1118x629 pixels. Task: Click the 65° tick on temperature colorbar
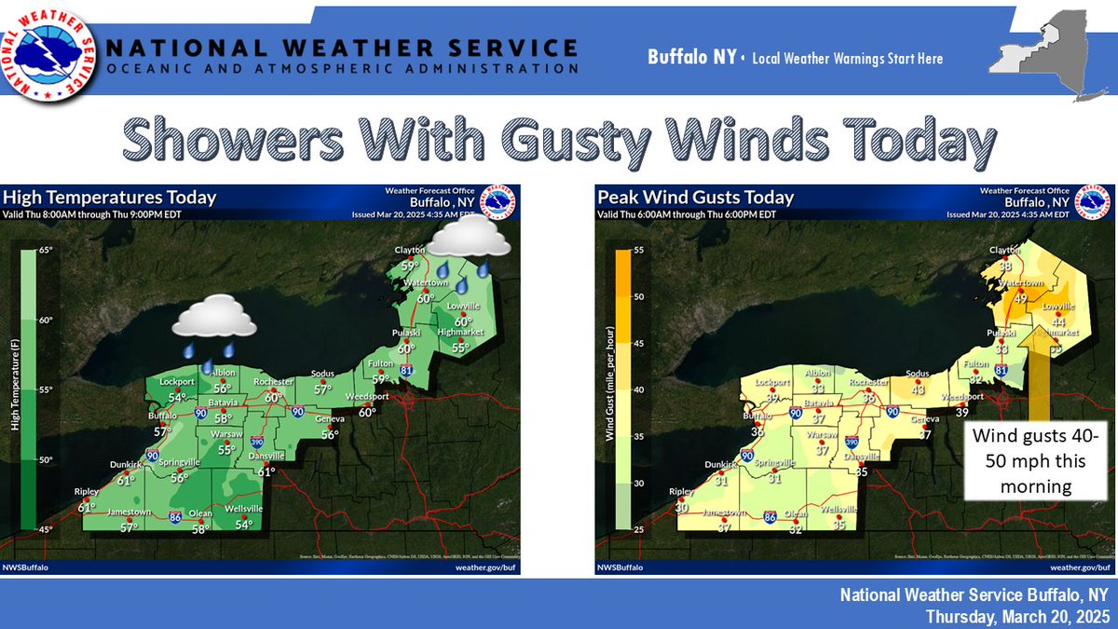click(45, 250)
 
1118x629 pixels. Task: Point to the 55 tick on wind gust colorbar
click(639, 250)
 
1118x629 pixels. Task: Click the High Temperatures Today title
click(110, 197)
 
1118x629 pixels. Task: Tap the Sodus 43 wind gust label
click(918, 389)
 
